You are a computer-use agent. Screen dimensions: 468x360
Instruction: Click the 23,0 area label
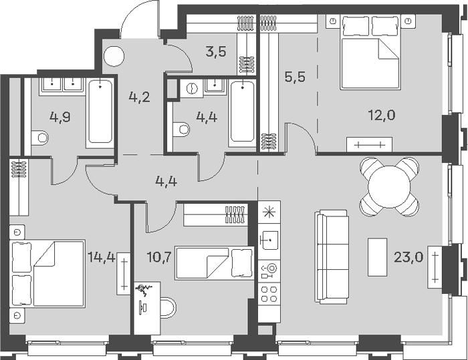[408, 256]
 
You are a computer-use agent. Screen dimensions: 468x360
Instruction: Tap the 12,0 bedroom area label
[381, 115]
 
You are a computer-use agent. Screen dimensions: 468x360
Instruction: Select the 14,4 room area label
[101, 256]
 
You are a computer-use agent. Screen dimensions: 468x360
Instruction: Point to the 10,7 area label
[159, 256]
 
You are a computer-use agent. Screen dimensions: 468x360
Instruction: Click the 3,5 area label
[216, 51]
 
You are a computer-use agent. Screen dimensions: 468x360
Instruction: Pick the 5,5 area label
[296, 77]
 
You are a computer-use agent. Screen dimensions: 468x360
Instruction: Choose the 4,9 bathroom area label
[60, 117]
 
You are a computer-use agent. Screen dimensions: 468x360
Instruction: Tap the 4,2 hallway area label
[139, 98]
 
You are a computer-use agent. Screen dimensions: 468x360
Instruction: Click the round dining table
[390, 187]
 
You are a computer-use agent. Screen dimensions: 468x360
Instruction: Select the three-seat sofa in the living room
[332, 256]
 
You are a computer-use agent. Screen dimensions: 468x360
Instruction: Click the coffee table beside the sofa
[377, 256]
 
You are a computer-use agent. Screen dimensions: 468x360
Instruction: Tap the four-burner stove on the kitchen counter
[269, 294]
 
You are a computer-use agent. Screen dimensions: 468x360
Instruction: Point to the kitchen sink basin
[269, 240]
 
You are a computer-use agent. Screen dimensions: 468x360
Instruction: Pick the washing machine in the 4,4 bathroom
[191, 88]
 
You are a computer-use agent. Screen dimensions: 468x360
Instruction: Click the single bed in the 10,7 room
[215, 262]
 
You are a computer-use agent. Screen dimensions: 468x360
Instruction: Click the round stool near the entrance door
[114, 57]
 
